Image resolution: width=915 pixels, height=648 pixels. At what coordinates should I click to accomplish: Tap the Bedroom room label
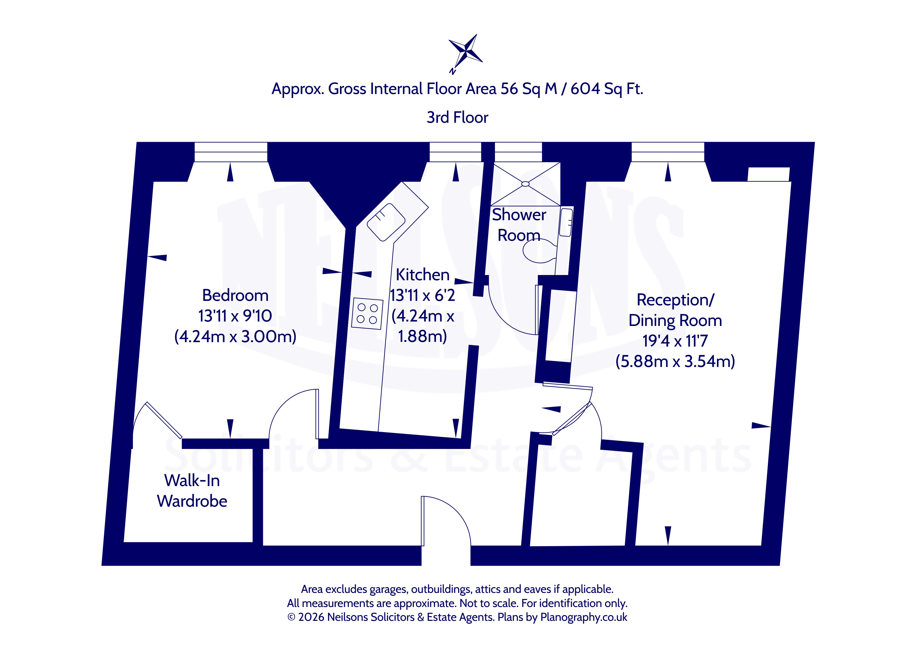tap(235, 295)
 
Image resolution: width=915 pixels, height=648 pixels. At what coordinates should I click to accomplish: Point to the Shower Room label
tap(519, 225)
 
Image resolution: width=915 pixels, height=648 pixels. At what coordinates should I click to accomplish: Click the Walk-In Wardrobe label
tap(192, 491)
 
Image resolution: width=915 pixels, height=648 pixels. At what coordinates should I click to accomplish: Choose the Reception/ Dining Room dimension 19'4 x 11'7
tap(675, 341)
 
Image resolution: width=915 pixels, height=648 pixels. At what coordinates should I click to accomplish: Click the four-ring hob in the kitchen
tap(367, 314)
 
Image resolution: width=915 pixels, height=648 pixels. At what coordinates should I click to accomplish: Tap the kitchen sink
tap(386, 222)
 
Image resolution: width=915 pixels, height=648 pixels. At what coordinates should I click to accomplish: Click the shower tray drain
tap(525, 184)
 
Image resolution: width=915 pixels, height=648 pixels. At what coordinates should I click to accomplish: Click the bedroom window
tap(231, 152)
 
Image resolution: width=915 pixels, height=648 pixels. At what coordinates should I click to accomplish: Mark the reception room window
tap(668, 152)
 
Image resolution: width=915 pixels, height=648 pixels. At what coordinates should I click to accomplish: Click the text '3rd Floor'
tap(458, 117)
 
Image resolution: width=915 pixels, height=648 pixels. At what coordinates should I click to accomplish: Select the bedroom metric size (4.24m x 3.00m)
tap(235, 336)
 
